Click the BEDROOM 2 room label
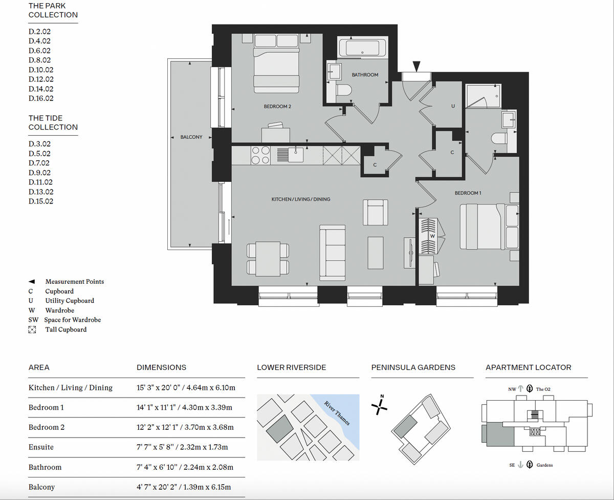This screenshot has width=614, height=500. [277, 107]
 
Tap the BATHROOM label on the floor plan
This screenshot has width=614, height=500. [365, 75]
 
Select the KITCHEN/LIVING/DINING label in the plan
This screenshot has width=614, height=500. [300, 199]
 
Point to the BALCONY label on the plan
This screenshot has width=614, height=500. [191, 137]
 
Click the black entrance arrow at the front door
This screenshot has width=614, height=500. [417, 66]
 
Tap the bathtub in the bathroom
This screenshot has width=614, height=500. [362, 49]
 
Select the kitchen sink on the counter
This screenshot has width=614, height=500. [296, 154]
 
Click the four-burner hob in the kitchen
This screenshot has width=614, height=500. [260, 155]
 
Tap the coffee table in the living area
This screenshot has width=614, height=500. [376, 253]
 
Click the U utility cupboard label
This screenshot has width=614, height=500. [452, 107]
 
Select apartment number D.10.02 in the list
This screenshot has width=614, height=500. [41, 70]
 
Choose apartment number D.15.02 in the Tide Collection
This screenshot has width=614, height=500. [41, 201]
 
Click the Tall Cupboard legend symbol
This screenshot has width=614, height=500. [32, 329]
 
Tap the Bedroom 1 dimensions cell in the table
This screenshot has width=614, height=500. [184, 407]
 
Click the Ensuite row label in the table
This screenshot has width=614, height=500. [41, 447]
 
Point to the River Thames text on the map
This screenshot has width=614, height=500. [337, 413]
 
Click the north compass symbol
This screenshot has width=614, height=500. [380, 405]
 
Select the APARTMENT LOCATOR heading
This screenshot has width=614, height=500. [528, 367]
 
